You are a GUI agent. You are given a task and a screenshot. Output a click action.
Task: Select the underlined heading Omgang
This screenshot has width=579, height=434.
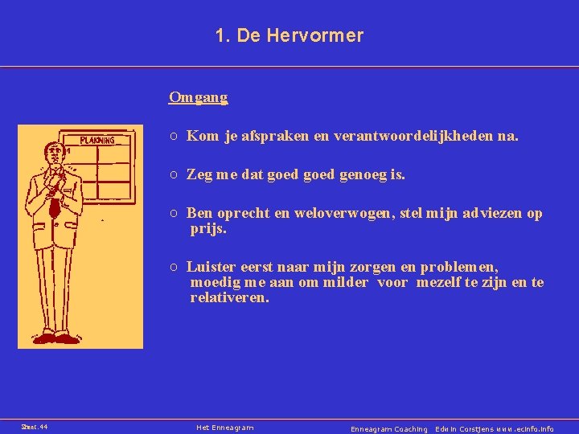tap(198, 97)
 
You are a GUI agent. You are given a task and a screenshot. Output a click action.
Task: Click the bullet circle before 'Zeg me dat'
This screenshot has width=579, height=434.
tap(174, 174)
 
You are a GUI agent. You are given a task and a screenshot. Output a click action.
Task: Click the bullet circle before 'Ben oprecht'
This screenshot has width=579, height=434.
tap(174, 213)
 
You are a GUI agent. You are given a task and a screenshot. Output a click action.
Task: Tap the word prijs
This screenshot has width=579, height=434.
tap(208, 229)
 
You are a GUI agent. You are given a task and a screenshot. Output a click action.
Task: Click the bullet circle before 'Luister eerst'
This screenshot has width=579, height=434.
tap(174, 267)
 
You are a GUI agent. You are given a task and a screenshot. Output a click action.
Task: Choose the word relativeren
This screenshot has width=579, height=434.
tap(229, 298)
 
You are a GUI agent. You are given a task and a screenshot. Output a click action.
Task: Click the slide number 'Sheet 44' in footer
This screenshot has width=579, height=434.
tap(34, 428)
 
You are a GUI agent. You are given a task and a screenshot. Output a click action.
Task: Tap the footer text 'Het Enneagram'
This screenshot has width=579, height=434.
tap(225, 428)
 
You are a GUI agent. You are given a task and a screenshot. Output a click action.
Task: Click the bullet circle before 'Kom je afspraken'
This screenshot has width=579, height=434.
tap(174, 137)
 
